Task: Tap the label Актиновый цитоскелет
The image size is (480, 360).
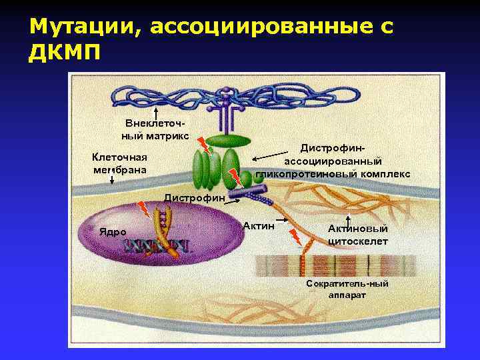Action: (x=357, y=235)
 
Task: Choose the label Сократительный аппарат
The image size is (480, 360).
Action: (x=347, y=289)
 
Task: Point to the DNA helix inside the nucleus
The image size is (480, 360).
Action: (x=156, y=245)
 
